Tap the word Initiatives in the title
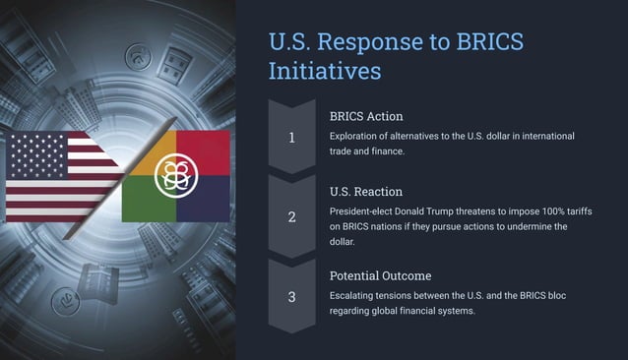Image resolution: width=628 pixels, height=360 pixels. [x=325, y=72]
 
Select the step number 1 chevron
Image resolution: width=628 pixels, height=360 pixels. [x=291, y=137]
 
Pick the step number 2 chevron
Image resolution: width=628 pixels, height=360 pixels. [x=291, y=216]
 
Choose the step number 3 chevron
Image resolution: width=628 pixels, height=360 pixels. [x=291, y=296]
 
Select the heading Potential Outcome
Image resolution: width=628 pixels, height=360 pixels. [x=380, y=275]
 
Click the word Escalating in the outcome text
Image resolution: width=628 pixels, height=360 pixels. [x=357, y=296]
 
